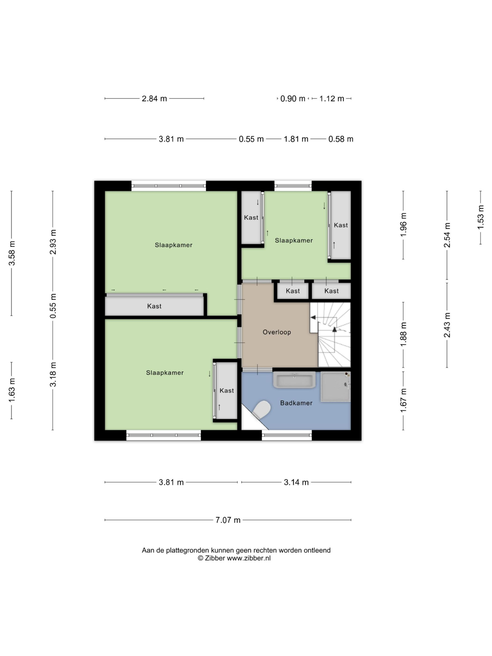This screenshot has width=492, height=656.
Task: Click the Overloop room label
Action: (277, 332)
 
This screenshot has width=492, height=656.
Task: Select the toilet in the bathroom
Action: (261, 410)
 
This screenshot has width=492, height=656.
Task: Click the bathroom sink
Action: (294, 380)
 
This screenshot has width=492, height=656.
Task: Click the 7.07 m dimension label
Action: (228, 520)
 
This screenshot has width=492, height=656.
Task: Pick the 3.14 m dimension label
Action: (296, 482)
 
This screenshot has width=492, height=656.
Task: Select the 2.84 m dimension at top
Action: (154, 98)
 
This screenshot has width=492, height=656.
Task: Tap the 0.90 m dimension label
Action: (293, 98)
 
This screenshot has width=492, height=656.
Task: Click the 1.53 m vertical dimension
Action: (480, 217)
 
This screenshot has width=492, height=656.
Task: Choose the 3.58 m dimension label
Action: (12, 253)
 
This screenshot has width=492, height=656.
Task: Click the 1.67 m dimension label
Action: (403, 400)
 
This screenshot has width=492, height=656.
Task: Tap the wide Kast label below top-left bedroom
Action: (154, 306)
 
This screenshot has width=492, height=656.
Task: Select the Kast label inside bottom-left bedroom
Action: (227, 391)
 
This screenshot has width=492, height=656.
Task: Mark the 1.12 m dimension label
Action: (332, 98)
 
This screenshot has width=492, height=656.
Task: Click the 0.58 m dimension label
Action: (341, 139)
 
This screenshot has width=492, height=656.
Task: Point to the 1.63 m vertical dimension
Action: (12, 391)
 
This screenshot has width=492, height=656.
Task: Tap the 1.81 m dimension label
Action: (296, 139)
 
